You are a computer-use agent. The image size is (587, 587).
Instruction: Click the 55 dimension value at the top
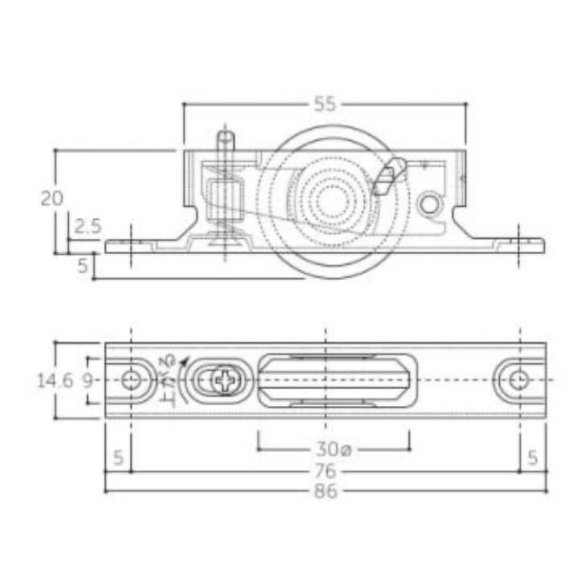click(325, 104)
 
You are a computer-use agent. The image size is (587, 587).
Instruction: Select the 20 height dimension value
click(52, 199)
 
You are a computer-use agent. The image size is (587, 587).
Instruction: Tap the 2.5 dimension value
click(87, 226)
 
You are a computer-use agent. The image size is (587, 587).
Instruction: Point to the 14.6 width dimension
click(55, 381)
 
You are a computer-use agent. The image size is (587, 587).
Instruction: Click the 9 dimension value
click(87, 381)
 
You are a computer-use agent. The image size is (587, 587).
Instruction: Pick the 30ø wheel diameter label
click(334, 449)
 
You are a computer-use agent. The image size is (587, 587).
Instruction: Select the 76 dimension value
click(325, 471)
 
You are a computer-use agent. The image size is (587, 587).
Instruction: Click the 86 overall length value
click(325, 491)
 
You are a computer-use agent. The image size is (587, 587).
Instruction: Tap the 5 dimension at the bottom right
click(532, 458)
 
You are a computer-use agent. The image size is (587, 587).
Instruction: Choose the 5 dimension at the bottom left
click(118, 458)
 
